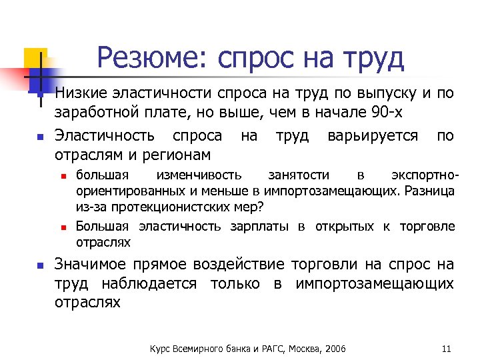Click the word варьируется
373,136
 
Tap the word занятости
298,175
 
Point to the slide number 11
447,349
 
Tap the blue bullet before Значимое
39,265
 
